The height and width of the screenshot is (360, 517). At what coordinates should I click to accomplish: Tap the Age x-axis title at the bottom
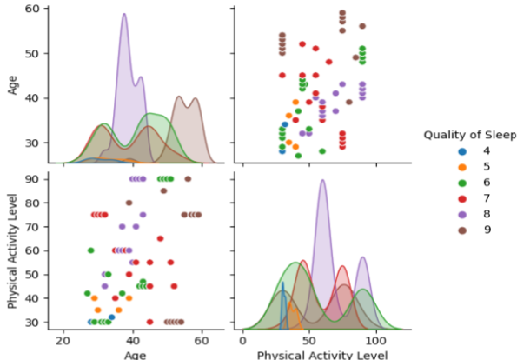coord(134,355)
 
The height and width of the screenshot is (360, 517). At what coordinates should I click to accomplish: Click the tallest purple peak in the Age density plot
coord(124,15)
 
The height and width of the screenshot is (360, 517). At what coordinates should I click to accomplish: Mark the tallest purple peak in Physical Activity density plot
coord(322,181)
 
